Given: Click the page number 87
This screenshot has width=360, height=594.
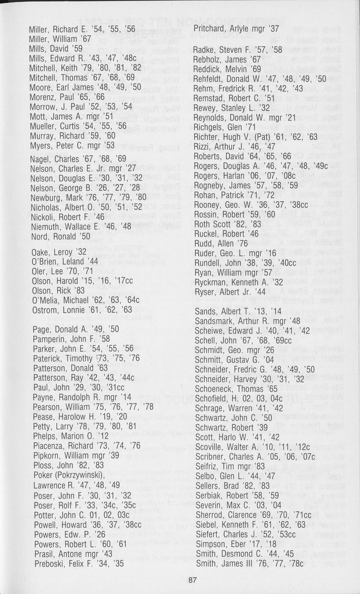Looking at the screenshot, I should (x=192, y=580).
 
